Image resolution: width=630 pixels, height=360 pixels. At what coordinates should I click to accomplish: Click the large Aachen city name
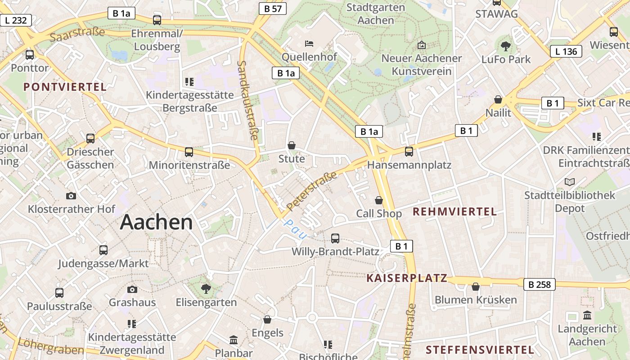click(156, 222)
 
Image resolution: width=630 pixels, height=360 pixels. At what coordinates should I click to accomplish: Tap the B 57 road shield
click(273, 8)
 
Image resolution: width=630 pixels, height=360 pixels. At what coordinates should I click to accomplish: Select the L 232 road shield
click(16, 20)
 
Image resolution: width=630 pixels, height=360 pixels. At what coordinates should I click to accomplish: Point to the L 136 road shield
click(566, 51)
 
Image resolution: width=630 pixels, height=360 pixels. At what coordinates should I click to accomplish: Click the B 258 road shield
click(540, 284)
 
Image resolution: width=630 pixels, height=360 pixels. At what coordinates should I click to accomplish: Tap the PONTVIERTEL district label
click(65, 87)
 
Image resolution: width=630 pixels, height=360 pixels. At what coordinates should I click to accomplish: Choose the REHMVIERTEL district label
click(454, 211)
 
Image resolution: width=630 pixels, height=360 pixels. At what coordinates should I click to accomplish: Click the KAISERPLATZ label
click(407, 278)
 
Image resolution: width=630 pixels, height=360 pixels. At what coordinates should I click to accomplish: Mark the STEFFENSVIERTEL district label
click(480, 350)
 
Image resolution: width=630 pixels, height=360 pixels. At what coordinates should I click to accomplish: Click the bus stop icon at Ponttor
click(30, 55)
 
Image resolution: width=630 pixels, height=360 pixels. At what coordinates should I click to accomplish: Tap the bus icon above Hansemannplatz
click(409, 152)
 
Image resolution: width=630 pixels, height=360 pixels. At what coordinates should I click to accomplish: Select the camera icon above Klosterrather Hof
click(71, 196)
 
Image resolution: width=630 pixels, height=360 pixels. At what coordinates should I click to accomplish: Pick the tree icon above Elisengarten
click(206, 288)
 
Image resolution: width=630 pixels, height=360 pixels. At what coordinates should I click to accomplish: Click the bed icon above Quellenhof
click(309, 44)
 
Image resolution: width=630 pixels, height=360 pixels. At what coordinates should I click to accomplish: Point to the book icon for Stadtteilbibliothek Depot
click(570, 182)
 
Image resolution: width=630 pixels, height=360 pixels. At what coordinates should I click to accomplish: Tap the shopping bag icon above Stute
click(292, 145)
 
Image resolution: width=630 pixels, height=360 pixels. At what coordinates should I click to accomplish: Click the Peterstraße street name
click(312, 191)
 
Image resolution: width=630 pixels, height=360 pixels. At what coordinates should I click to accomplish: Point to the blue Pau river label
click(295, 229)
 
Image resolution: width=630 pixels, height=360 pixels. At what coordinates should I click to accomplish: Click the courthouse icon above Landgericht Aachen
click(587, 315)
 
